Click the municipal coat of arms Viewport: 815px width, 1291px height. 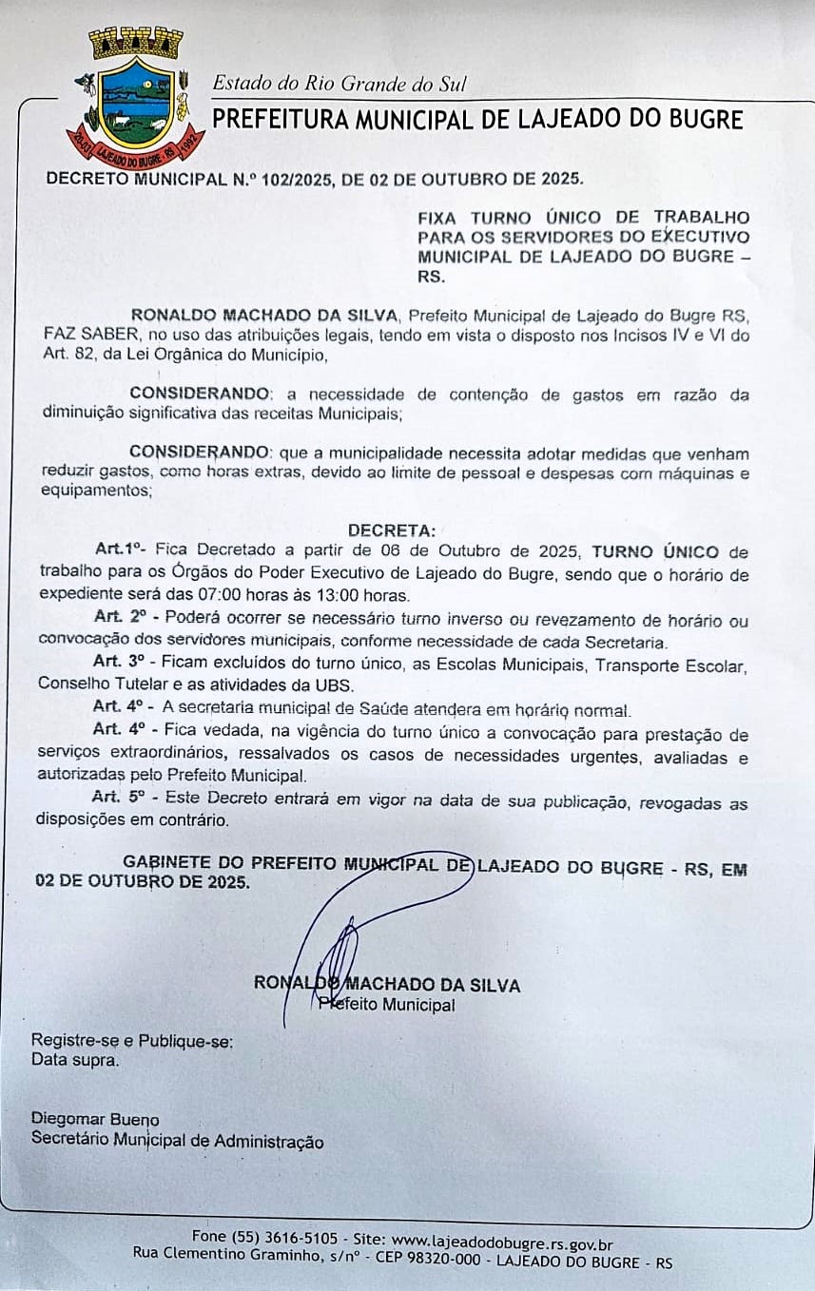coord(136,99)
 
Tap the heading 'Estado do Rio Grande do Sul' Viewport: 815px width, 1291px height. coord(339,84)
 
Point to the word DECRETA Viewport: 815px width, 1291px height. coord(391,530)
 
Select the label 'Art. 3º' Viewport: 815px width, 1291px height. coord(116,663)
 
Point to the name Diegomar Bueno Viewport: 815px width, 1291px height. coord(95,1120)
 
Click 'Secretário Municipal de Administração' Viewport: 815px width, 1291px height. coord(177,1141)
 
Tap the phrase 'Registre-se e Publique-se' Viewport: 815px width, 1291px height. coord(132,1041)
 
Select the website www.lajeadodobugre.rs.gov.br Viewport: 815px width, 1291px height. coord(502,1241)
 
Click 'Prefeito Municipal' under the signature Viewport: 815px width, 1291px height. coord(386,1004)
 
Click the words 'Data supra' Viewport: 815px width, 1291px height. coord(75,1060)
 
